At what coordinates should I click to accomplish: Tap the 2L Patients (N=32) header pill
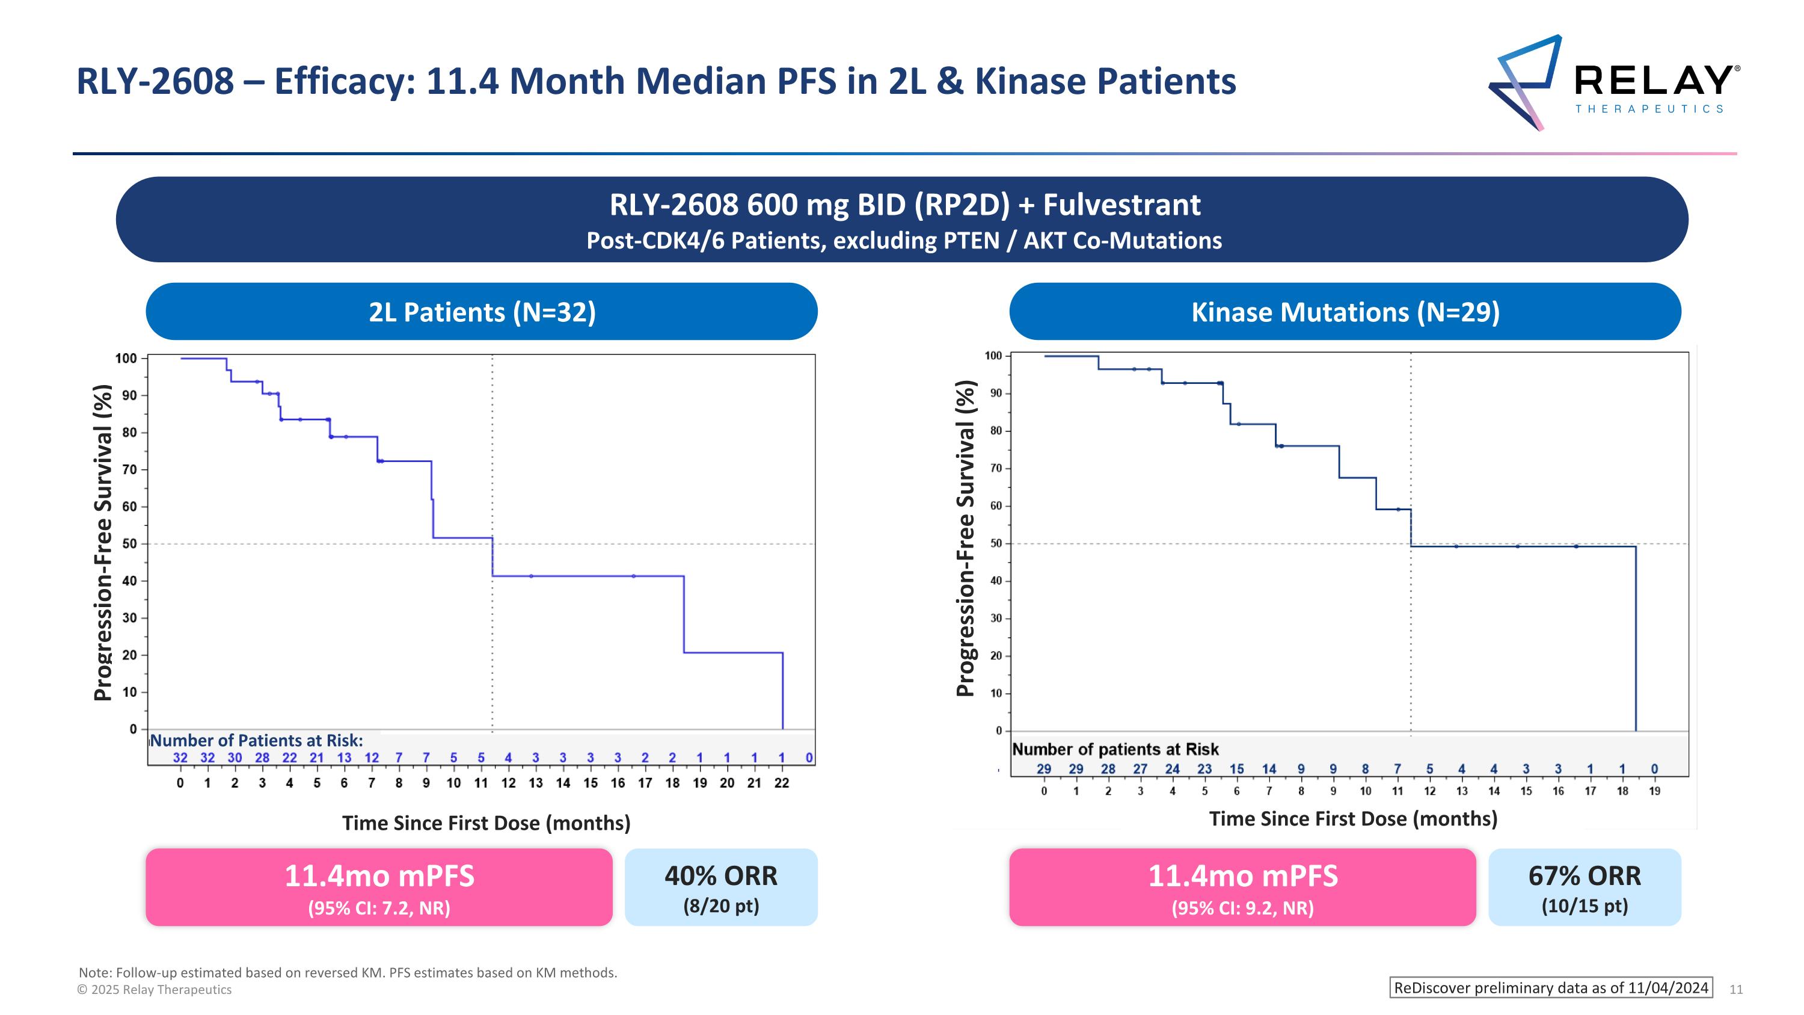tap(482, 312)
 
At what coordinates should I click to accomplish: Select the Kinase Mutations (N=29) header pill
tap(1345, 312)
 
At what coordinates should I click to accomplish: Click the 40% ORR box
tap(720, 887)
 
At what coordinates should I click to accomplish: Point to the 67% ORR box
tap(1584, 887)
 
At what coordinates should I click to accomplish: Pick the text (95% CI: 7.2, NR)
tap(379, 908)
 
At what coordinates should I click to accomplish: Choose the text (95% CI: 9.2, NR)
tap(1242, 908)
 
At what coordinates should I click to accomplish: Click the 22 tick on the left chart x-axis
tap(782, 783)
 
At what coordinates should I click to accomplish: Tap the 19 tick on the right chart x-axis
tap(1654, 791)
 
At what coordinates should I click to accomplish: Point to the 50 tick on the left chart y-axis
tap(129, 543)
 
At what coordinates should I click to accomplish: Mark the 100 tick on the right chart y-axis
tap(993, 356)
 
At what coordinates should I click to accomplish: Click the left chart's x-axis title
tap(486, 822)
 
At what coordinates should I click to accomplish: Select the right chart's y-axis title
tap(966, 538)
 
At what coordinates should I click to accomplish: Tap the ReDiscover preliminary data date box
tap(1550, 988)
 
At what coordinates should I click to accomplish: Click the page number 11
tap(1736, 989)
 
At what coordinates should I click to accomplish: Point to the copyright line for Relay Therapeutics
tap(154, 989)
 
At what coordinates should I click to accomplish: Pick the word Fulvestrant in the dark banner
tap(1121, 205)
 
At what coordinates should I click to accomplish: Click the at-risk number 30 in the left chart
tap(235, 757)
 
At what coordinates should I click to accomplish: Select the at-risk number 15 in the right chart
tap(1237, 768)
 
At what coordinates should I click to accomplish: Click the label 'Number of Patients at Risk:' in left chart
tap(256, 741)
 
